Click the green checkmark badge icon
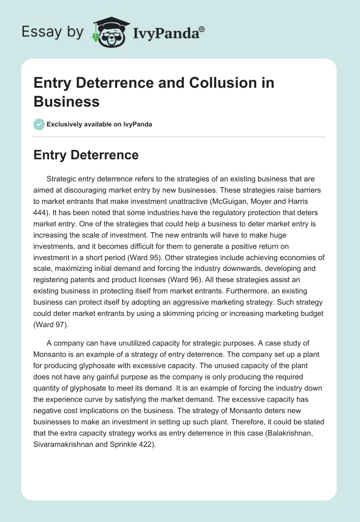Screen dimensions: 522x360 point(39,124)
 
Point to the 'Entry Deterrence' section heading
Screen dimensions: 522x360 point(86,155)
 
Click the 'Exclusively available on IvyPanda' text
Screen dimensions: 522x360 point(99,124)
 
